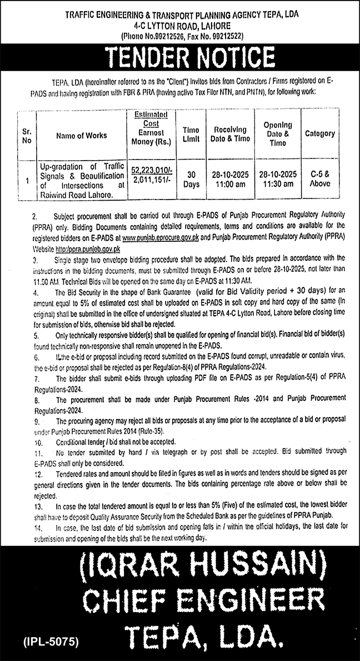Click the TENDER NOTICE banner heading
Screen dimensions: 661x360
(180, 58)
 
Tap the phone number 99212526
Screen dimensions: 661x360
(171, 36)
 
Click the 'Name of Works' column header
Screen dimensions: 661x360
(81, 135)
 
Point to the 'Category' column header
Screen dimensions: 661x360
(320, 133)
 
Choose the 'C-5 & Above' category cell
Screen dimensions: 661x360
(320, 176)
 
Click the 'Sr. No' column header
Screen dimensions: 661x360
(26, 135)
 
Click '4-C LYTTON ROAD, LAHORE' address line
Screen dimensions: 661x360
(179, 26)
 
